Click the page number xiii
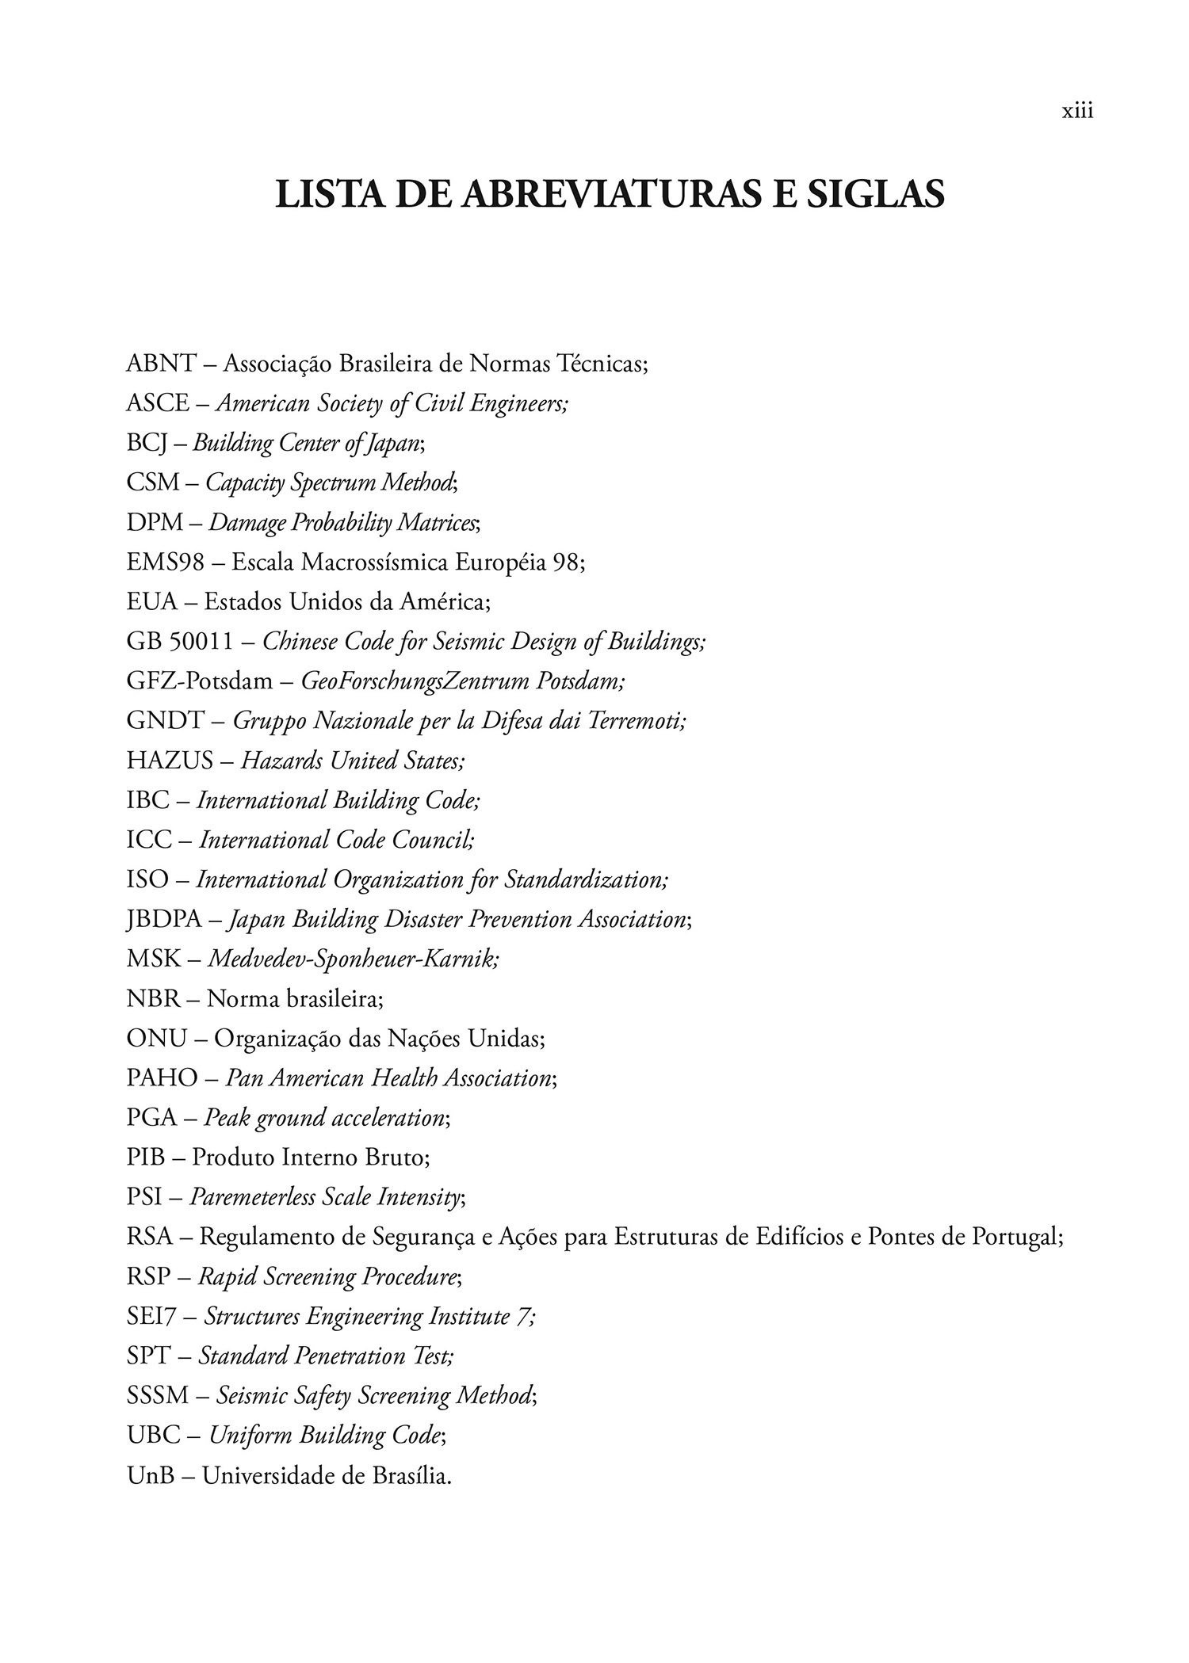click(1077, 112)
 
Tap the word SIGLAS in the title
click(875, 195)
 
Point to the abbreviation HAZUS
click(170, 761)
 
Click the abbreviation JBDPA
click(164, 919)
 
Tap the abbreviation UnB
click(151, 1475)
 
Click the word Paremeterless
click(252, 1197)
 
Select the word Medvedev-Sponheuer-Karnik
click(353, 959)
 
